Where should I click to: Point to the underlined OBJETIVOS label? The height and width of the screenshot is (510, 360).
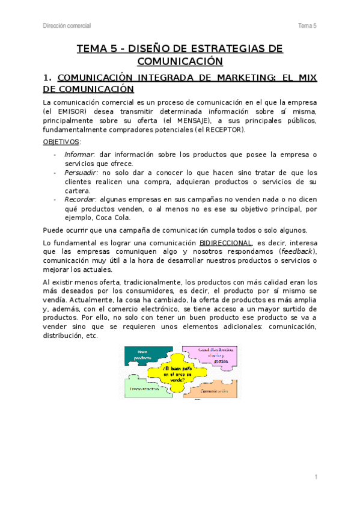pyautogui.click(x=61, y=142)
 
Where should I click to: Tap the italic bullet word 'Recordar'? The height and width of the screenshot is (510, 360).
pyautogui.click(x=80, y=199)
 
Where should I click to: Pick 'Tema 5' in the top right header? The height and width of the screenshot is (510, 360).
pyautogui.click(x=307, y=25)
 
